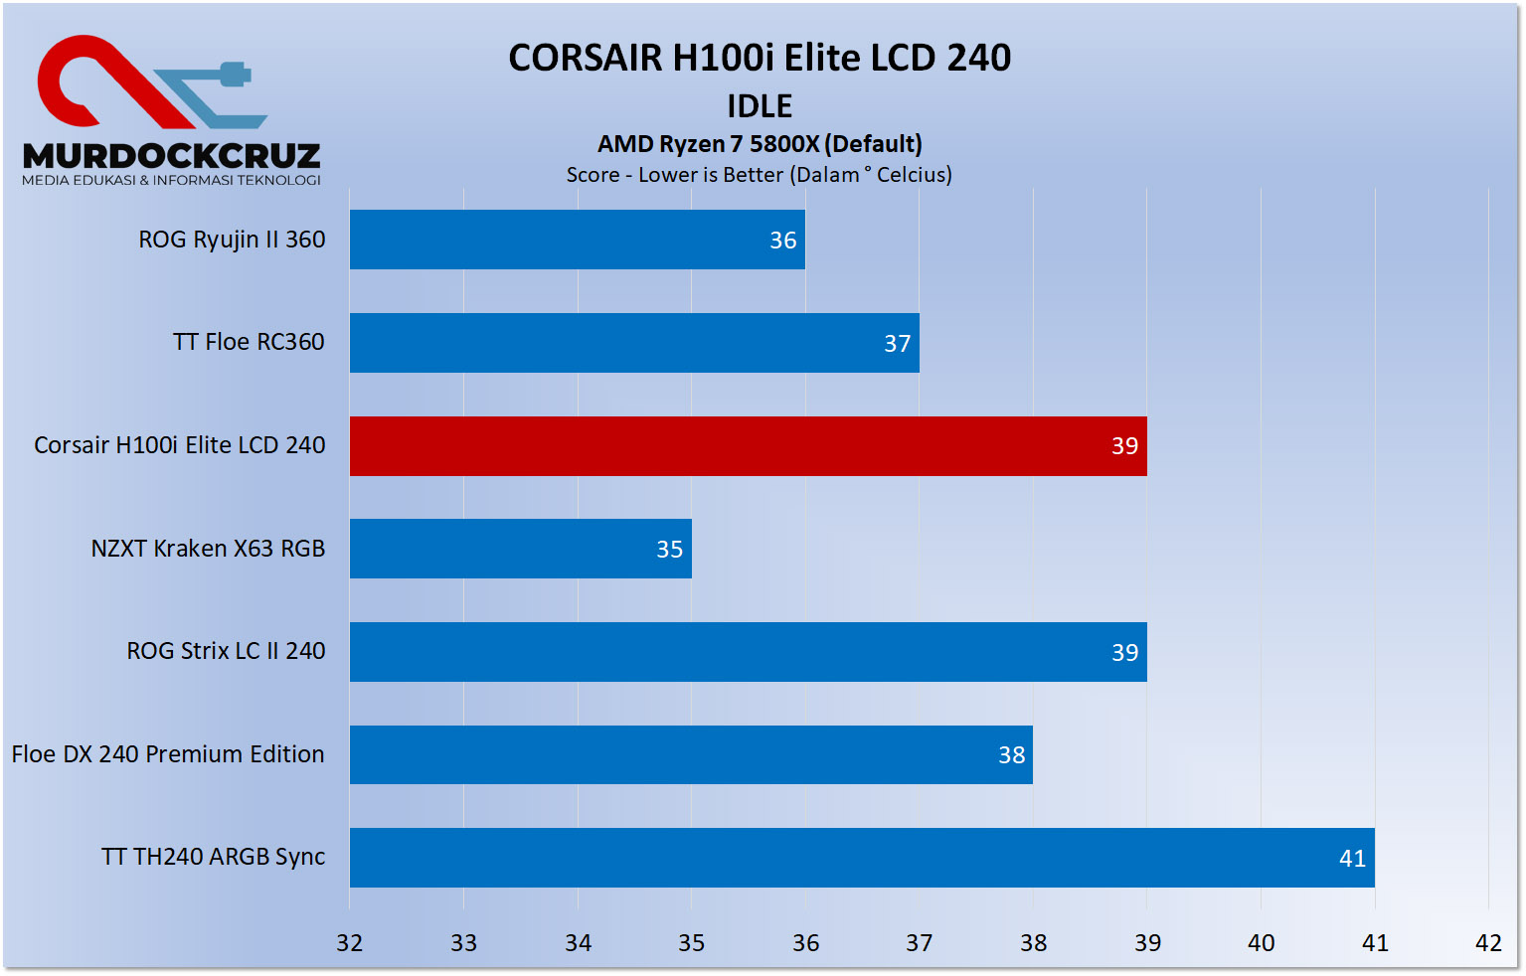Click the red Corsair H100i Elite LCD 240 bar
point(748,446)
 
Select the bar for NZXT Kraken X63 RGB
point(520,549)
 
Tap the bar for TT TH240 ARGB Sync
point(861,858)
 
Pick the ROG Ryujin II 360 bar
point(577,240)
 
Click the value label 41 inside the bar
point(1352,859)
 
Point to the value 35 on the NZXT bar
point(669,550)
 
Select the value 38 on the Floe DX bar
point(1011,755)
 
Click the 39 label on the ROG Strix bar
point(1124,653)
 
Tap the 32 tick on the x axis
point(350,943)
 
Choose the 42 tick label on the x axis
point(1488,943)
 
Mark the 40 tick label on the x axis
point(1261,943)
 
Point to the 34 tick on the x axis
point(578,943)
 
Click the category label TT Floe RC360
point(249,342)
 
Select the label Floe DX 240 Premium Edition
point(168,754)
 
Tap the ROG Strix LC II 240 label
point(226,651)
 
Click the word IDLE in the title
point(760,106)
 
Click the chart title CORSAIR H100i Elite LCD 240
point(760,58)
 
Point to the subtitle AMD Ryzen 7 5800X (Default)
point(760,144)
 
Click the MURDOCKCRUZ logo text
point(171,156)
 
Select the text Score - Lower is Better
point(675,175)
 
